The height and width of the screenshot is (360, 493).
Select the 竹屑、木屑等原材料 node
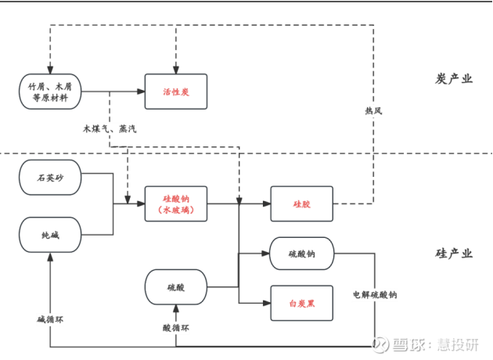[x=50, y=92]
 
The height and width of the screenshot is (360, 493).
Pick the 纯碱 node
[x=50, y=234]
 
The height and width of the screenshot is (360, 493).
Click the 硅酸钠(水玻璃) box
[x=176, y=204]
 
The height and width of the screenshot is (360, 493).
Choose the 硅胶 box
[x=301, y=204]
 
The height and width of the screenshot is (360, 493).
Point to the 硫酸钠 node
[x=301, y=254]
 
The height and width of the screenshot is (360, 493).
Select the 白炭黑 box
[x=301, y=303]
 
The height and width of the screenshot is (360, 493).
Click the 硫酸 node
[x=176, y=287]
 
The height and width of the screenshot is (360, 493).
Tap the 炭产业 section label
[x=454, y=80]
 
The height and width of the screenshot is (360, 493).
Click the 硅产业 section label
[x=454, y=254]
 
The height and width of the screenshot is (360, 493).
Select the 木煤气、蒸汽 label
[x=110, y=128]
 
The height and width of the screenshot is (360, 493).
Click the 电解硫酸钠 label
[x=374, y=295]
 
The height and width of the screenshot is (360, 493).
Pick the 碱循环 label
[x=52, y=319]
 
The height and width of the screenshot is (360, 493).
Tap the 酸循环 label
[x=176, y=329]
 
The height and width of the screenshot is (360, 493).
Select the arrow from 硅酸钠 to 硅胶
[x=254, y=204]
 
